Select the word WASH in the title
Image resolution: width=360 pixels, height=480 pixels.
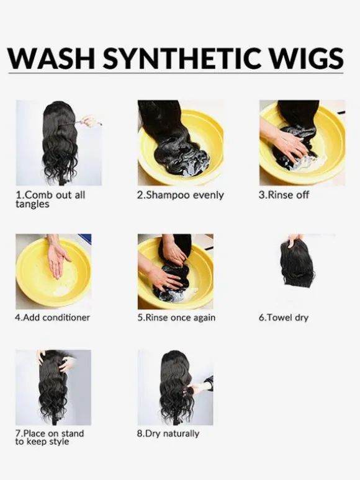coord(51,58)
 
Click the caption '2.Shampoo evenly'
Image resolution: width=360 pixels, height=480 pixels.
coord(180,195)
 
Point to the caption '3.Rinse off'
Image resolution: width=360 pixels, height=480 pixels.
coord(284,195)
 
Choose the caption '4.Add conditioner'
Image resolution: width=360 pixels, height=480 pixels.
coord(52,318)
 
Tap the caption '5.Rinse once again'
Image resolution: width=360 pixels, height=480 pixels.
coord(176,318)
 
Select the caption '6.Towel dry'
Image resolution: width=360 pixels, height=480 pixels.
coord(284,318)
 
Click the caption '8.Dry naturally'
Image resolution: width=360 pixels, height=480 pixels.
coord(168,433)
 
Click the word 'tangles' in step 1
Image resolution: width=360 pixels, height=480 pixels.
coord(32,204)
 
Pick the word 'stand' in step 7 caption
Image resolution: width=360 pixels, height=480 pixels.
coord(72,433)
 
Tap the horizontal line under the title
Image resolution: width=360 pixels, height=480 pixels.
coord(176,73)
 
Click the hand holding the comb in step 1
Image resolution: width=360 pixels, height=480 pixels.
coord(91,121)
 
